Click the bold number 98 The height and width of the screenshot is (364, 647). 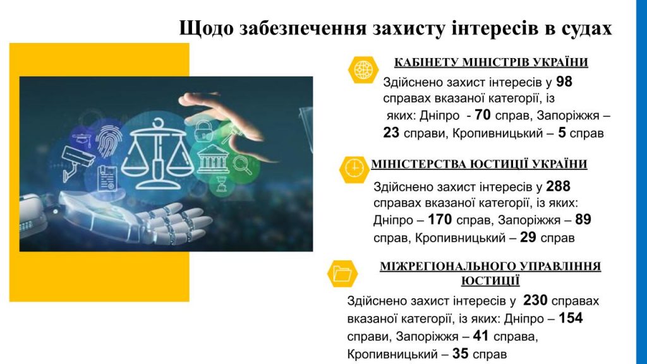click(x=564, y=82)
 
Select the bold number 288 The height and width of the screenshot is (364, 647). click(x=559, y=186)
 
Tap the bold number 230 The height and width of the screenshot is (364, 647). click(x=535, y=300)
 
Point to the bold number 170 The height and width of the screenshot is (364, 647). click(x=440, y=219)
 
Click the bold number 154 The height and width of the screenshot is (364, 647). click(x=571, y=318)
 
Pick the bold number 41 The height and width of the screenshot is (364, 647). click(x=481, y=336)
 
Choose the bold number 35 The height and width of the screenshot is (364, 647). click(x=460, y=354)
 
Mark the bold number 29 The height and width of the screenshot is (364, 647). click(x=528, y=238)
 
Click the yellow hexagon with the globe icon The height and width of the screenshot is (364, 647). click(x=363, y=70)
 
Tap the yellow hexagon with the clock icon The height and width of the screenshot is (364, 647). click(x=354, y=169)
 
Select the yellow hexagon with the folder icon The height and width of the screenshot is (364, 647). click(x=342, y=274)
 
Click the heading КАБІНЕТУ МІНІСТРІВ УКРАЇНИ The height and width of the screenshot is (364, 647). click(x=491, y=63)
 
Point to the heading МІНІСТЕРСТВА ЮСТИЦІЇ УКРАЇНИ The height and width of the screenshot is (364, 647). click(x=479, y=164)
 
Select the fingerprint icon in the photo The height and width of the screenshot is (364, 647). click(x=109, y=141)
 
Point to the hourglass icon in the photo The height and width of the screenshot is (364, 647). click(x=222, y=184)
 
